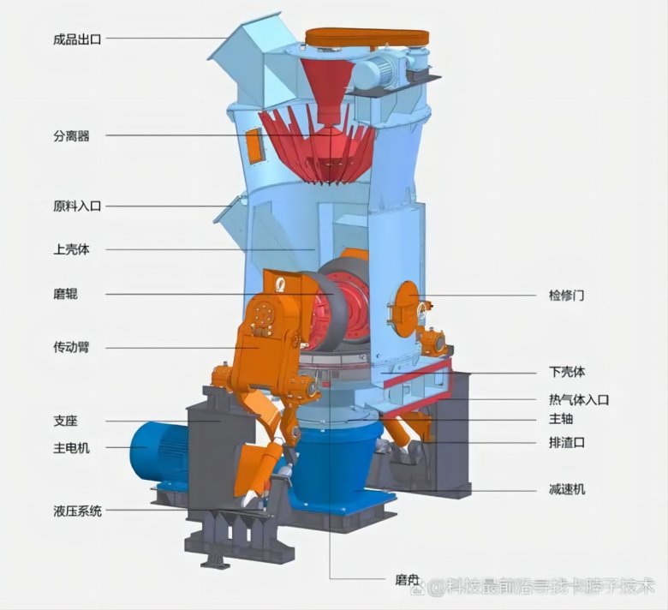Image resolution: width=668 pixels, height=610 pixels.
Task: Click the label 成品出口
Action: [76, 39]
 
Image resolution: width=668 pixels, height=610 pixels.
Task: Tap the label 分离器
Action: [71, 135]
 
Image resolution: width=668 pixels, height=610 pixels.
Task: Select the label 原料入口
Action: [76, 206]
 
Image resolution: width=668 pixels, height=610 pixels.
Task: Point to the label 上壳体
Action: [71, 250]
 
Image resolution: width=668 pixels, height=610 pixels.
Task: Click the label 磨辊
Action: [65, 294]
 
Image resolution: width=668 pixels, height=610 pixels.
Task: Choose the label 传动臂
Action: [71, 348]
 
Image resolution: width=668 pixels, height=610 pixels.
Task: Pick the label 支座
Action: [65, 422]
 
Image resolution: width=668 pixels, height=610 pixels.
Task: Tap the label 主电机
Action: [71, 447]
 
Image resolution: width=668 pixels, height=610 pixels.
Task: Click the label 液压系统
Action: [76, 511]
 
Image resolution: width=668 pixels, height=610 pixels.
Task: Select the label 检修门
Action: [567, 296]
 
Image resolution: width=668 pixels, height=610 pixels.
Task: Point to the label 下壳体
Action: [567, 373]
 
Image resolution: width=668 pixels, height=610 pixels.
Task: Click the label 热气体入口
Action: [579, 399]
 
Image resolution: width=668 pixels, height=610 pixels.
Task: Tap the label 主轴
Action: [561, 419]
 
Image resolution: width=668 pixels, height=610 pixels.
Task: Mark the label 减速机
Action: [567, 489]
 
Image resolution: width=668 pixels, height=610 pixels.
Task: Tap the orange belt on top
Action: [367, 37]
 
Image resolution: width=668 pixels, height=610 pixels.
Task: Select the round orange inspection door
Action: [408, 302]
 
